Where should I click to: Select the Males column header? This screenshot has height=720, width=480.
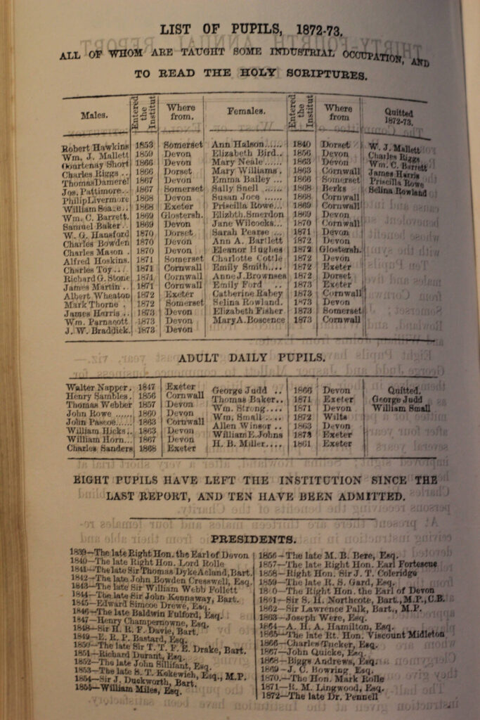(94, 115)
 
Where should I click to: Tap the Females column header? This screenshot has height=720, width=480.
(246, 111)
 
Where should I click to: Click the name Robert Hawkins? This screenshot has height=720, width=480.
(95, 148)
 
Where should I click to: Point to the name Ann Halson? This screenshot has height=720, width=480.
(238, 144)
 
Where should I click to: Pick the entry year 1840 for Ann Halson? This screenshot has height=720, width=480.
(301, 144)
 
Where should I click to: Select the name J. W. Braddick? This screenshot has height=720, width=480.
(97, 330)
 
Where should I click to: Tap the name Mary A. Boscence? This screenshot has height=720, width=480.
(249, 320)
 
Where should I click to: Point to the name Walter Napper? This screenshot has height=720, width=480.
(98, 387)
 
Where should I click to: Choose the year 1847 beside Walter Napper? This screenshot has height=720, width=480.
(146, 387)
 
